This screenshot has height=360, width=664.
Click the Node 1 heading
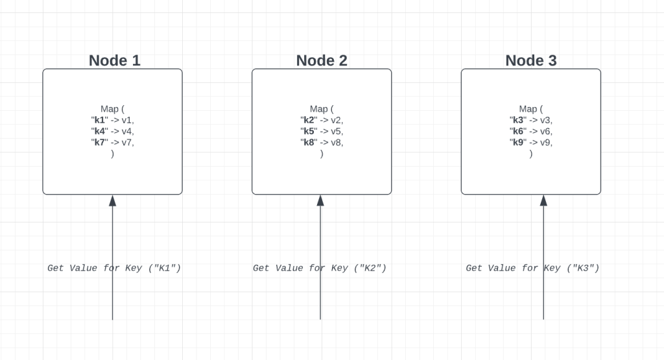(114, 60)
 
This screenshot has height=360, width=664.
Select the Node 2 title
(322, 60)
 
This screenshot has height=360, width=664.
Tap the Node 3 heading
(531, 60)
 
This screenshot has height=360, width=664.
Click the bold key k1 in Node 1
(99, 120)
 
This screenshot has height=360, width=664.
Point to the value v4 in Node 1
(127, 131)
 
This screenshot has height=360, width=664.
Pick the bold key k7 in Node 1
(99, 142)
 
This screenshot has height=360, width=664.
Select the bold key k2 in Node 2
(309, 120)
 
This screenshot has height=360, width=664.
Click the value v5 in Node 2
(337, 131)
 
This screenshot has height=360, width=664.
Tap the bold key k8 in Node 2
(309, 142)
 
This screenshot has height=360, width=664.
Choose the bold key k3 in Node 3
(518, 120)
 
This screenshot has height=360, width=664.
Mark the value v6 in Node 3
(546, 131)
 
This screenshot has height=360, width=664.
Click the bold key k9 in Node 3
(518, 142)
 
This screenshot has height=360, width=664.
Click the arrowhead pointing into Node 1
(112, 200)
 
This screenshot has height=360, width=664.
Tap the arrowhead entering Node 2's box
(320, 200)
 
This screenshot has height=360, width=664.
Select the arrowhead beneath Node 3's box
(543, 200)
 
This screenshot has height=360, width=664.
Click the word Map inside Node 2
(318, 109)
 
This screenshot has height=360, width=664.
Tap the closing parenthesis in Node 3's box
(531, 154)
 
